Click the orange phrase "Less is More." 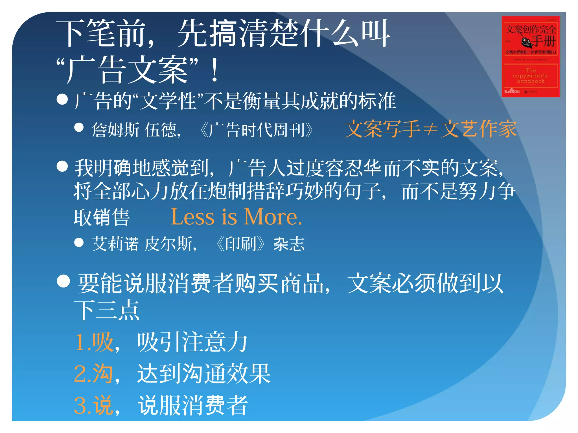coord(237,217)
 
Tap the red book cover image coord(530,56)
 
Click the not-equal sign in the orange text coord(430,129)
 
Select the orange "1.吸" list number coord(94,342)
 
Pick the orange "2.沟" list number coord(93,374)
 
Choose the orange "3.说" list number coord(93,405)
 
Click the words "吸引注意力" coord(192,342)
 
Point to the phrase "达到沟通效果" coord(204,374)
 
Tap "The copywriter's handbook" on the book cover coord(530,76)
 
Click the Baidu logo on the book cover coord(512,91)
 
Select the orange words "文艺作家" coord(479,129)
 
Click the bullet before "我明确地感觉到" coord(62,166)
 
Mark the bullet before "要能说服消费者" coord(63,281)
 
